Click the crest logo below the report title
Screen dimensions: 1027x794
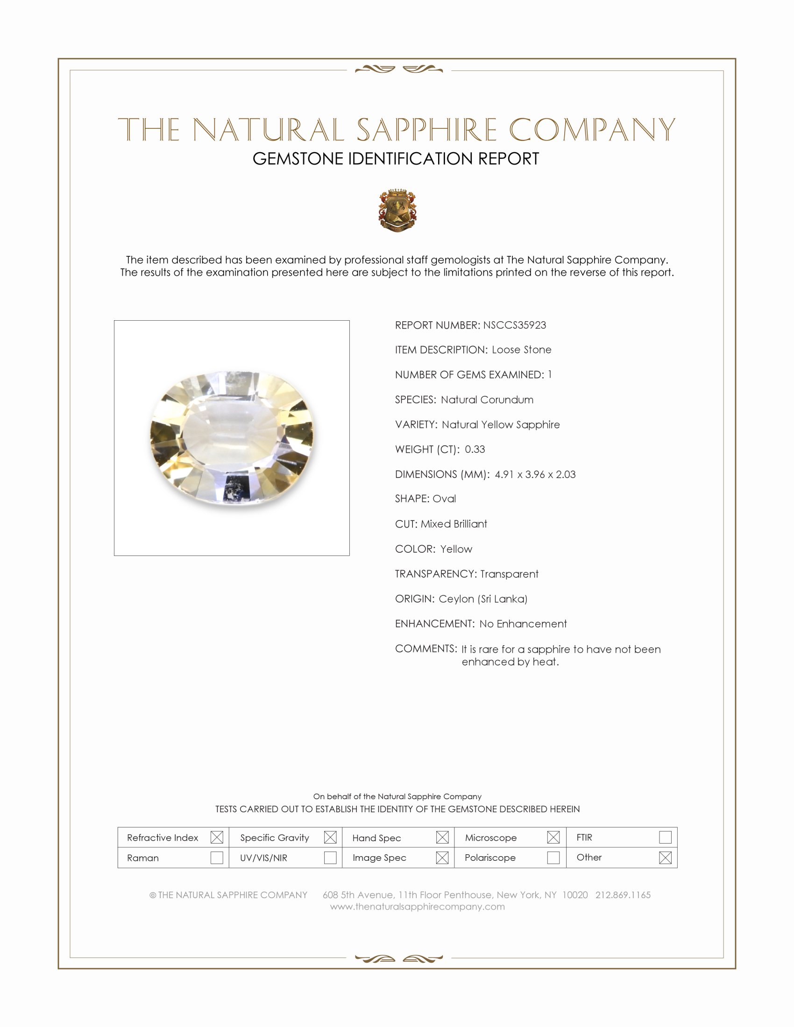(x=397, y=210)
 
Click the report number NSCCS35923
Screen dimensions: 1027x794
(x=514, y=325)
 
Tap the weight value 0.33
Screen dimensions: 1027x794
(x=475, y=449)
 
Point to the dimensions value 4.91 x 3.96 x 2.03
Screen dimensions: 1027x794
(x=535, y=474)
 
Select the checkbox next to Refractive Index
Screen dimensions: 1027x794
(x=217, y=837)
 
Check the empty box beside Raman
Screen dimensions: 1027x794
(x=217, y=857)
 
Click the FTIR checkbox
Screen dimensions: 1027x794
(x=665, y=837)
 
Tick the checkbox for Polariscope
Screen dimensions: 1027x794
(x=553, y=857)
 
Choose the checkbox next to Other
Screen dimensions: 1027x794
(x=665, y=857)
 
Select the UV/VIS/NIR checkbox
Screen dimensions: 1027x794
(x=330, y=857)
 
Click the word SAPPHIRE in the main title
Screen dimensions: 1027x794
(x=426, y=130)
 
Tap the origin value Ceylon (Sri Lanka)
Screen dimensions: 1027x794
(x=482, y=598)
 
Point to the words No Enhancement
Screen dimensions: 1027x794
(x=523, y=624)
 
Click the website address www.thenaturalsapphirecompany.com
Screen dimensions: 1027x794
(x=417, y=907)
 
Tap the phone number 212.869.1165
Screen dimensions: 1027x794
(x=623, y=894)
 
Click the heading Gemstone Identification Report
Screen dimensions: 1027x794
(x=396, y=159)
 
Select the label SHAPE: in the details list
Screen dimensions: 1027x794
(x=412, y=499)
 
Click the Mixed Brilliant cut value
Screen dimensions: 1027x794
(x=454, y=524)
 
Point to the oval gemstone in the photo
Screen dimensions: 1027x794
(x=232, y=438)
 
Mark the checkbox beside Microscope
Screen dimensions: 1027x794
(x=553, y=837)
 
